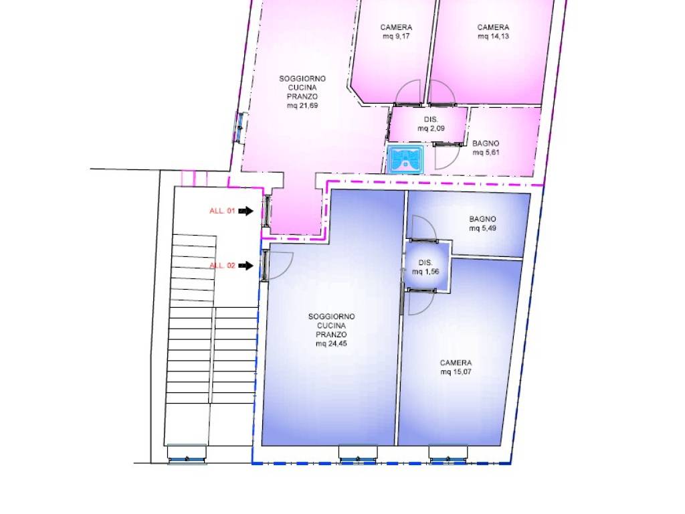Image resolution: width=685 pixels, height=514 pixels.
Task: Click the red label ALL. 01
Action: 222,211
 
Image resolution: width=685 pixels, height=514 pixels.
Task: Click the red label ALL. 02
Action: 222,266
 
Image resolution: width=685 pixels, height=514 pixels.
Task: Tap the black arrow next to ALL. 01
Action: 246,211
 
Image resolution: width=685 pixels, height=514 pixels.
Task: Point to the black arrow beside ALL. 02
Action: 246,266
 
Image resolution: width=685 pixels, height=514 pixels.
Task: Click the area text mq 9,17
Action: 396,36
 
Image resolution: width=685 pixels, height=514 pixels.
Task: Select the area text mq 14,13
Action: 493,36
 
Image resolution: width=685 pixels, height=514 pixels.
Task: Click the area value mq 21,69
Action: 302,106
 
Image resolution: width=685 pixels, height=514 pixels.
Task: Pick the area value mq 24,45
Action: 332,344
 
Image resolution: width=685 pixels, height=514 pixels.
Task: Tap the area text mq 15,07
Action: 456,372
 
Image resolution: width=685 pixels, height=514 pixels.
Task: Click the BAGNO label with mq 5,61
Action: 486,143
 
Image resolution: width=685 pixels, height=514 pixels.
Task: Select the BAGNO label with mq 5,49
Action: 483,219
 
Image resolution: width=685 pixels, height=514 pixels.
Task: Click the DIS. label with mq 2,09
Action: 431,119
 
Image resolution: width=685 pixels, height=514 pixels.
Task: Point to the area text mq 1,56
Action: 425,272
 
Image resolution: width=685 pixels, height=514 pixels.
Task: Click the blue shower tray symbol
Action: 405,159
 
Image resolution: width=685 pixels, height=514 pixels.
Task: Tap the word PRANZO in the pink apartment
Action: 302,96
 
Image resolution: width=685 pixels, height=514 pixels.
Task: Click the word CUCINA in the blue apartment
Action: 332,326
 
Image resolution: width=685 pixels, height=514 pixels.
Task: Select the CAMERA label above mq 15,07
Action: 456,363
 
